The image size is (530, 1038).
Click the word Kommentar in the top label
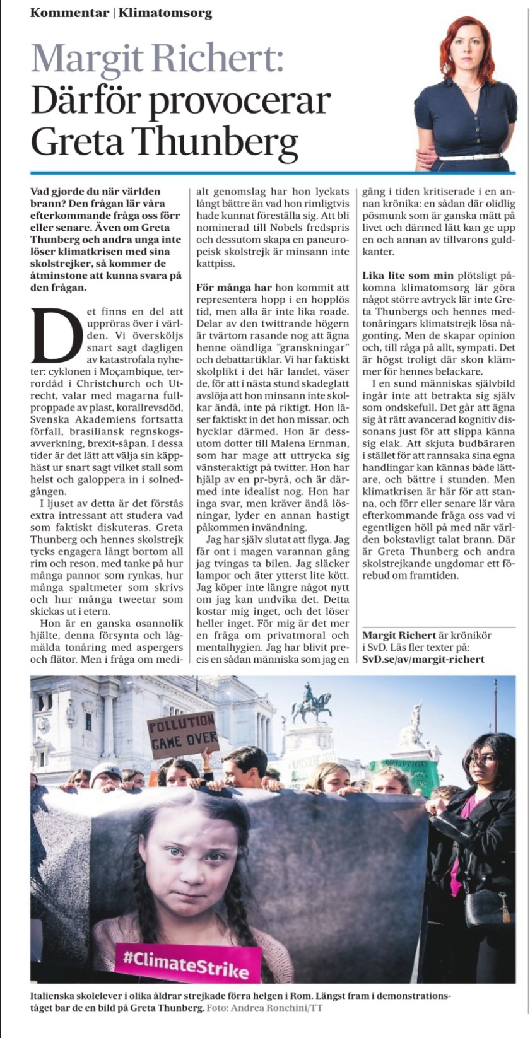point(69,13)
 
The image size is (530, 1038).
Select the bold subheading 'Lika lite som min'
point(408,276)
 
